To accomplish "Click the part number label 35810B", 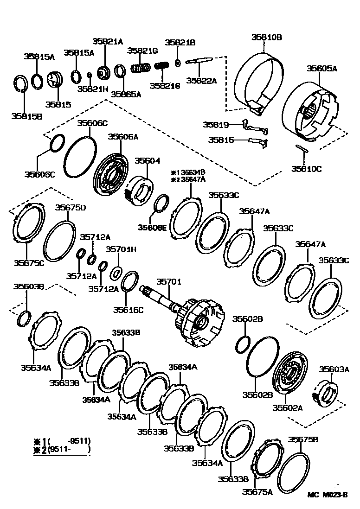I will (x=267, y=37).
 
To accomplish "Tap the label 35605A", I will (x=321, y=68).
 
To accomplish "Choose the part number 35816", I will (x=221, y=139).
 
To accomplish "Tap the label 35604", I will (x=148, y=160).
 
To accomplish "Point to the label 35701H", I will (x=121, y=249).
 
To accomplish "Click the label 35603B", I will (x=28, y=287).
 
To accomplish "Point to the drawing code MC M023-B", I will (x=327, y=495).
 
